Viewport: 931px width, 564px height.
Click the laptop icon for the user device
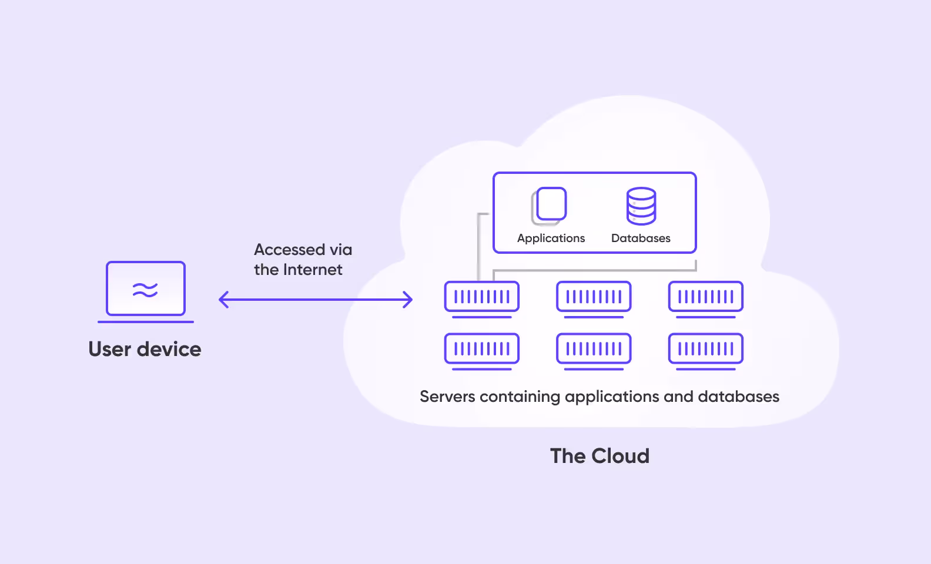[x=146, y=291]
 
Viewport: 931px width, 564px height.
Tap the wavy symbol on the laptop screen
[x=145, y=290]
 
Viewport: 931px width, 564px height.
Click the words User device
[x=145, y=349]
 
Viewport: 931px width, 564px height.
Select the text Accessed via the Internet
[x=303, y=260]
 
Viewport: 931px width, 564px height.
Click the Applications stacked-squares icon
[x=550, y=206]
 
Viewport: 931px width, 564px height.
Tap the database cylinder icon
[x=641, y=206]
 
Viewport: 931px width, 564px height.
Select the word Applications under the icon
[x=551, y=238]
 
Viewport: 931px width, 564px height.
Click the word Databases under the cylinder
[x=641, y=238]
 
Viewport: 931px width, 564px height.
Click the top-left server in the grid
[x=482, y=297]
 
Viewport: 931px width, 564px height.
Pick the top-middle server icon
[x=594, y=297]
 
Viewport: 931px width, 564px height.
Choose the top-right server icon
[x=706, y=297]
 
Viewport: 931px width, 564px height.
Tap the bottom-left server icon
[x=482, y=350]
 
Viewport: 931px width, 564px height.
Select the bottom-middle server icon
[x=594, y=350]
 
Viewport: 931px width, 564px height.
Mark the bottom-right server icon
[x=706, y=350]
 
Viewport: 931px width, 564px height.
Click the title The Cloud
[x=600, y=456]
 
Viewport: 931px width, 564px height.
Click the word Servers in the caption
[x=447, y=397]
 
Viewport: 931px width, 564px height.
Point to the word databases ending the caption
[x=738, y=397]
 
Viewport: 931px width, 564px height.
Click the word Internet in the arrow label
[x=313, y=270]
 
